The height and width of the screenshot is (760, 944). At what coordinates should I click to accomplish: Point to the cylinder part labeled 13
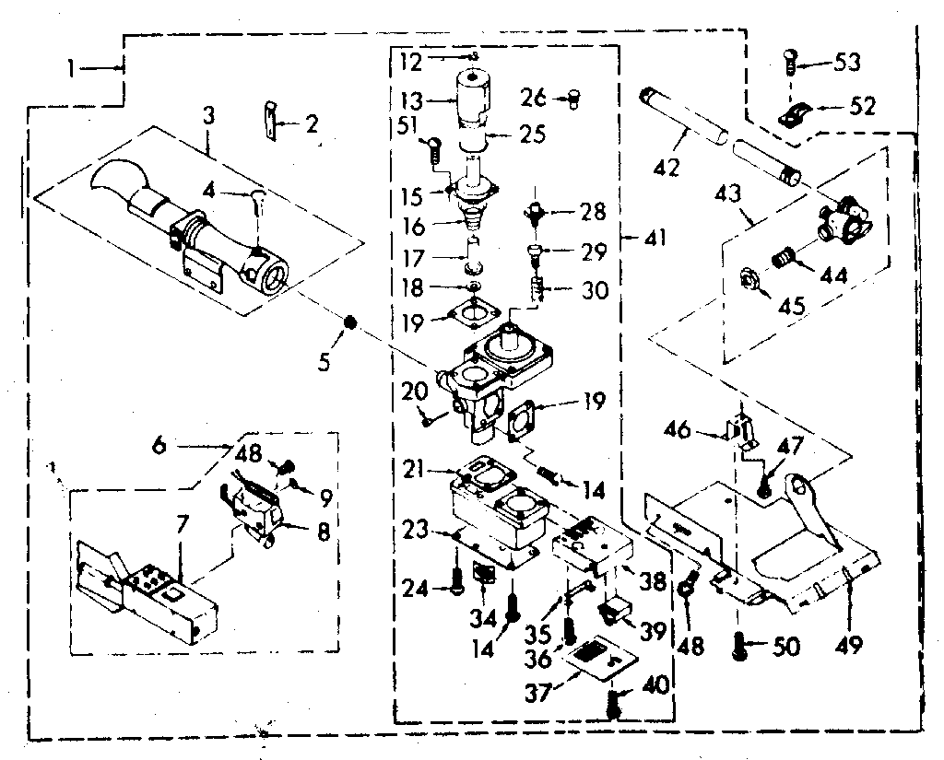(473, 99)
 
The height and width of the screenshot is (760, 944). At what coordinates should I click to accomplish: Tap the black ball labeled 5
(350, 322)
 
